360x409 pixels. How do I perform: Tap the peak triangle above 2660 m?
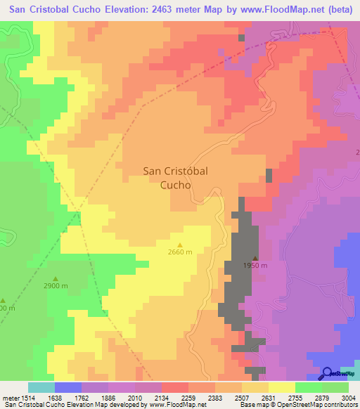[180, 245]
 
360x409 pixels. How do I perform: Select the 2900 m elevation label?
[56, 286]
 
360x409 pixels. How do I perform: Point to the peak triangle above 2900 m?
[56, 278]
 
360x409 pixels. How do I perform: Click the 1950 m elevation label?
[255, 266]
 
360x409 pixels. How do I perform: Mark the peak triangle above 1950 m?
[255, 257]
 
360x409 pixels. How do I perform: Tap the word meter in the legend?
[13, 398]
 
